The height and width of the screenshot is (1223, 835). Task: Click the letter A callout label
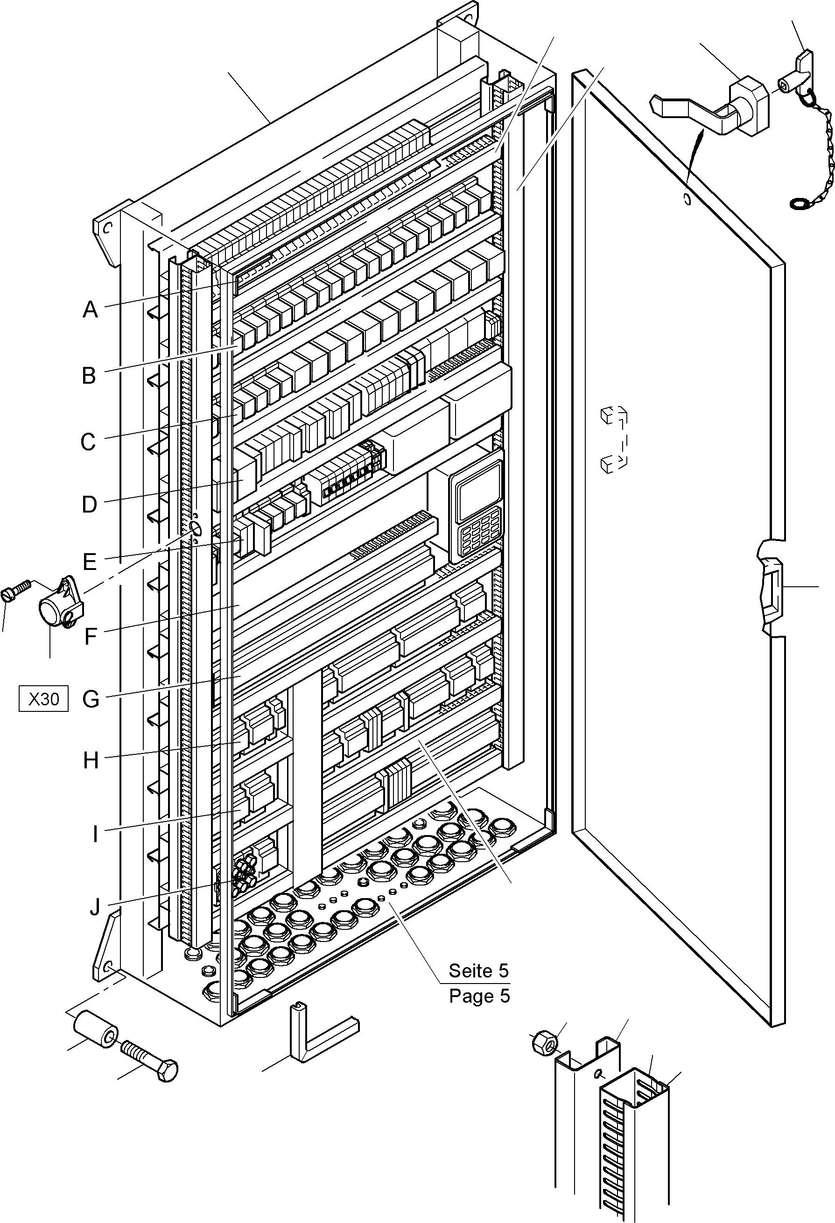pos(90,310)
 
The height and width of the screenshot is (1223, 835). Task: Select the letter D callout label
pos(90,505)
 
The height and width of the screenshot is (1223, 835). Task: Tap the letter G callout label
pos(91,699)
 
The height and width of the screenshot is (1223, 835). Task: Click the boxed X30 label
pos(44,699)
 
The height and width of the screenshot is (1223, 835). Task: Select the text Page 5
pos(479,996)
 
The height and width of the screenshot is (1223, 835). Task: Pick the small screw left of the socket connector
pos(16,590)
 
